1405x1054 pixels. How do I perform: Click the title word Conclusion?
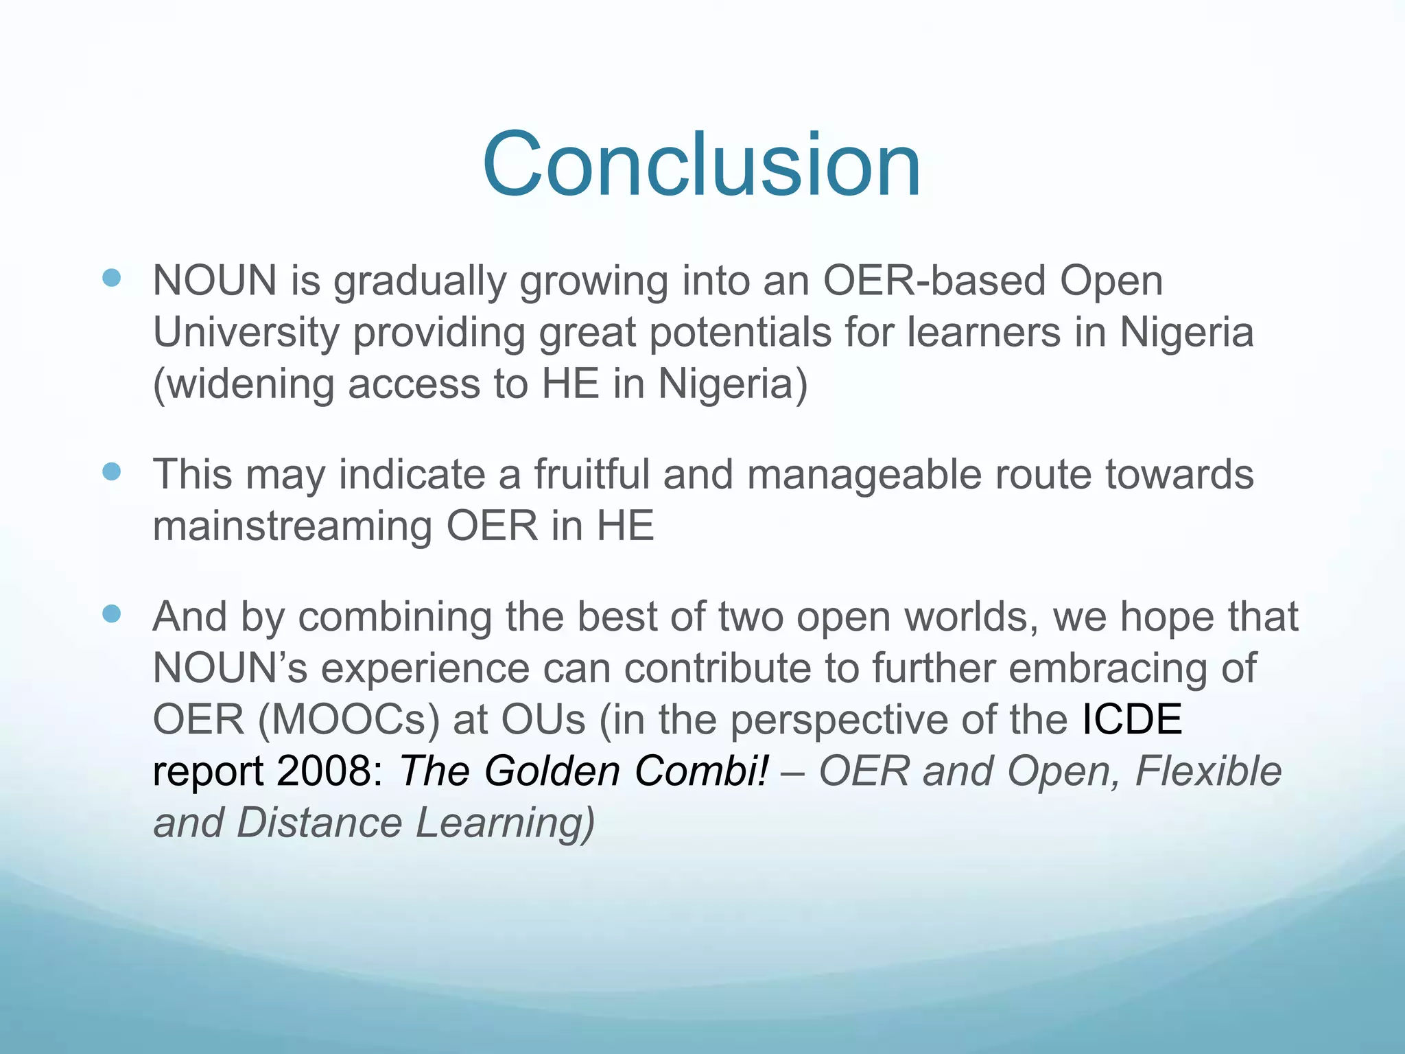[x=701, y=165]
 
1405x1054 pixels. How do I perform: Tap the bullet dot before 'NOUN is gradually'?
[x=111, y=278]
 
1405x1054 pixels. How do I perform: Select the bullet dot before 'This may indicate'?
[x=111, y=471]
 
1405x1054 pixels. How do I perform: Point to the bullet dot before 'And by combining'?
[x=111, y=613]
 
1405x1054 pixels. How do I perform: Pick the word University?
[x=246, y=333]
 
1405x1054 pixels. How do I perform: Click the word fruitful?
[x=591, y=475]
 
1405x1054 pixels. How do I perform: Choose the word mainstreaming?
[x=292, y=526]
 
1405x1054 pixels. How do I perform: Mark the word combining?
[x=394, y=618]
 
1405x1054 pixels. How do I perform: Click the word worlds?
[x=971, y=617]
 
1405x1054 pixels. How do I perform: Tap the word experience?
[x=425, y=669]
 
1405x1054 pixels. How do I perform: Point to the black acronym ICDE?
[x=1132, y=720]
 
